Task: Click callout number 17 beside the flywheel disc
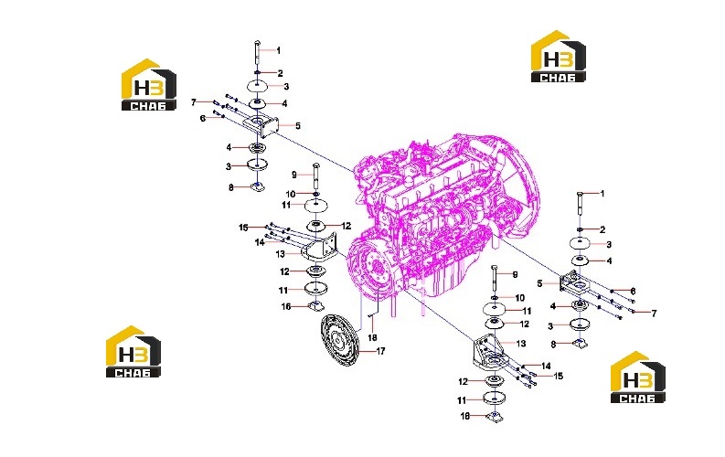380,351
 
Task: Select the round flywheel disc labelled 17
340,341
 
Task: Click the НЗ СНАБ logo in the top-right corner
558,57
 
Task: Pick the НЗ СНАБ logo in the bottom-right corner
638,377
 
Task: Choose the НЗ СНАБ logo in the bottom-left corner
133,352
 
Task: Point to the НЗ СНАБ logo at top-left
149,85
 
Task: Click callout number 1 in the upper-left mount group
278,50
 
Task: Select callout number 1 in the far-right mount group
602,194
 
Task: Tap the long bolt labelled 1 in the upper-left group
257,55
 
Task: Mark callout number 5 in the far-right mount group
539,283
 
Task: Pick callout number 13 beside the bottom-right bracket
521,344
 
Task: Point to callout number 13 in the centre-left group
280,254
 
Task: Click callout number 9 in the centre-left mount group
294,175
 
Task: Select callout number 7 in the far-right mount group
654,314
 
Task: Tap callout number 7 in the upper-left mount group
194,102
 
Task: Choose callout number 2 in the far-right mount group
602,229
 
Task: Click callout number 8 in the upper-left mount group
230,187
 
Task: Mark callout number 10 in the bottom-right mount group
520,298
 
